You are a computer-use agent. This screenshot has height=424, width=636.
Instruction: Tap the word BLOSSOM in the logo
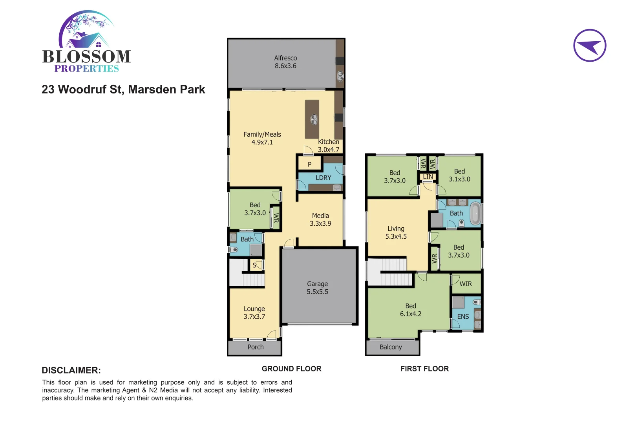click(x=86, y=57)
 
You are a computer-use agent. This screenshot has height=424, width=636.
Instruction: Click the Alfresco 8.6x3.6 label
click(x=285, y=62)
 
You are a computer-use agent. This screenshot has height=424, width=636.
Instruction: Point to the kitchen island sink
click(x=314, y=119)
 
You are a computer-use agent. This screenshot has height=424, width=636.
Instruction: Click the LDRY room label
click(x=323, y=178)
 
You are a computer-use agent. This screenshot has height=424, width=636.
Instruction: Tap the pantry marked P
click(x=309, y=164)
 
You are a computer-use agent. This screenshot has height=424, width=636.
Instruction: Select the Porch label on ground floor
click(x=256, y=347)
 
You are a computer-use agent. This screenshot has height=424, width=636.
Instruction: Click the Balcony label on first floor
click(x=391, y=347)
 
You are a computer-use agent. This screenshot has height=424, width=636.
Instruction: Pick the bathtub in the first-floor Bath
click(x=475, y=213)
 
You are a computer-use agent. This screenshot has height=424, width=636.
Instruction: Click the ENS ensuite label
click(x=463, y=316)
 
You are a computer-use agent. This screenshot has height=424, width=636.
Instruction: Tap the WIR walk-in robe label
click(x=466, y=284)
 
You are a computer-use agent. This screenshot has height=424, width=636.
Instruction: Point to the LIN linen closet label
click(x=428, y=177)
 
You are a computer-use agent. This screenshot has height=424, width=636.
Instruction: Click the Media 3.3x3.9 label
click(x=320, y=219)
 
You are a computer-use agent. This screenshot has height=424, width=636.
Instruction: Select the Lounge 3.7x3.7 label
click(x=254, y=313)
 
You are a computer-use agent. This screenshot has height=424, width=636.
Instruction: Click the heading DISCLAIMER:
click(x=71, y=370)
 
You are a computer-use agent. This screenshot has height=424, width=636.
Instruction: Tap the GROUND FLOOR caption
click(x=291, y=369)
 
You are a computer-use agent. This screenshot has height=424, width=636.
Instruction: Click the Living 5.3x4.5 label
click(x=396, y=232)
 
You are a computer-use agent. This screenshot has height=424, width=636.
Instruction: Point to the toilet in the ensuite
click(x=477, y=302)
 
